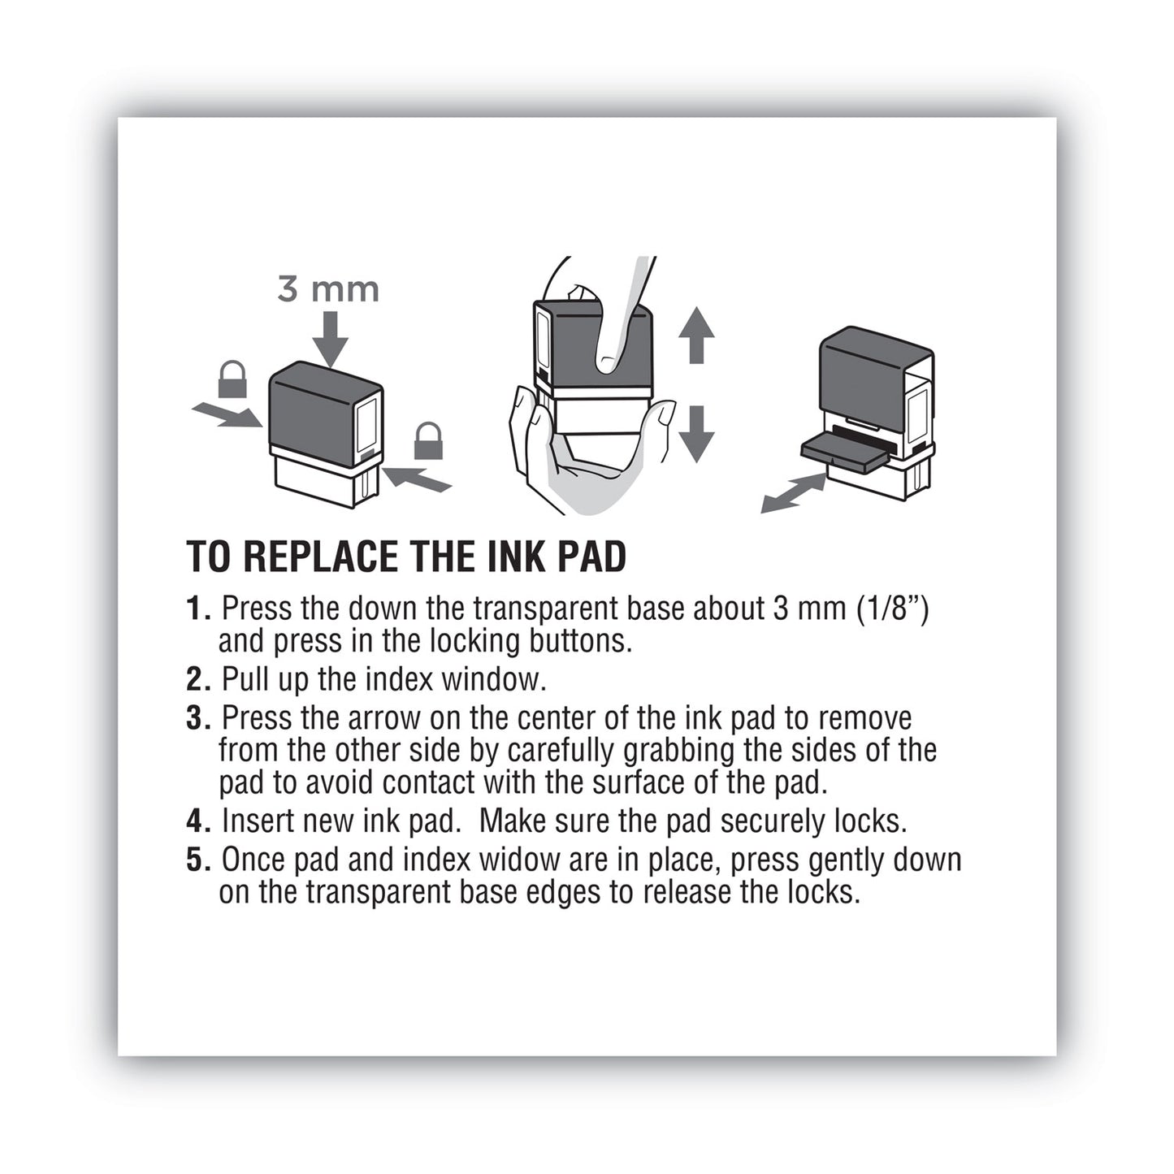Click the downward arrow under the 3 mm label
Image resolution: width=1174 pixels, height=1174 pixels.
coord(329,339)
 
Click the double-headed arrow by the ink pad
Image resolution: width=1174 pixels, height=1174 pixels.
coord(793,493)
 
